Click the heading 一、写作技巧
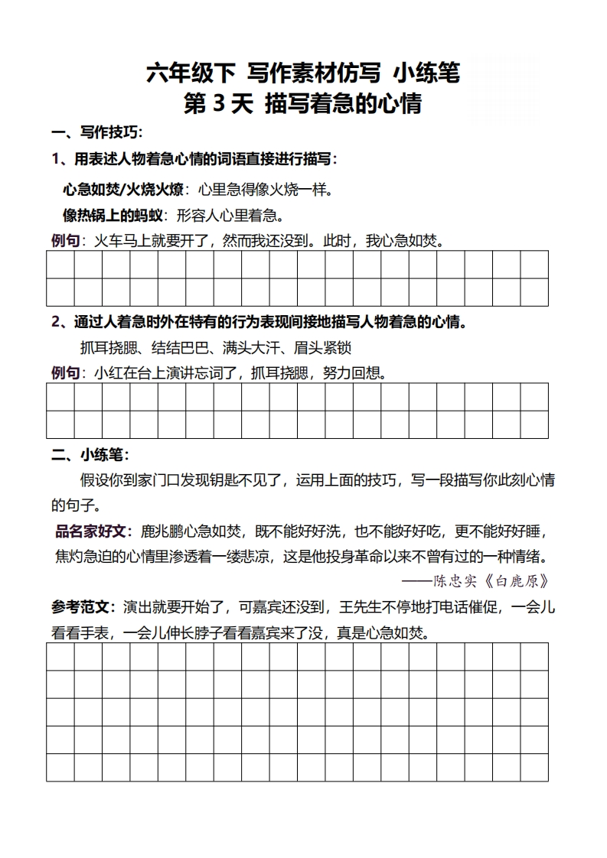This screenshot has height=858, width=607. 97,133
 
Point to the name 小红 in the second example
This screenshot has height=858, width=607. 109,373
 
